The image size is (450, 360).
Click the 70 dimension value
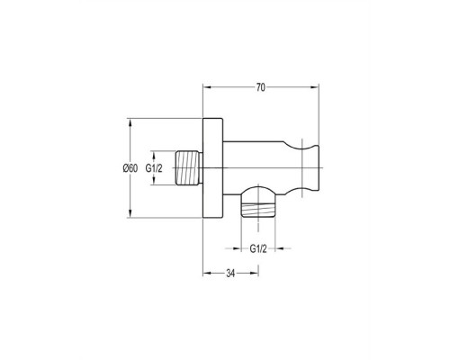261,87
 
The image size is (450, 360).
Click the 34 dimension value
230,274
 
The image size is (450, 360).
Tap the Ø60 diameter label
130,168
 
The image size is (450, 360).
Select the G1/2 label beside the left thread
154,168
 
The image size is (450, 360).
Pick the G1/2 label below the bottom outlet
258,248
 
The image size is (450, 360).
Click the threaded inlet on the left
188,167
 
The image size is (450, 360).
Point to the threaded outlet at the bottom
258,210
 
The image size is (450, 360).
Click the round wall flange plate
213,168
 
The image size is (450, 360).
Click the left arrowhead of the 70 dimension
207,87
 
